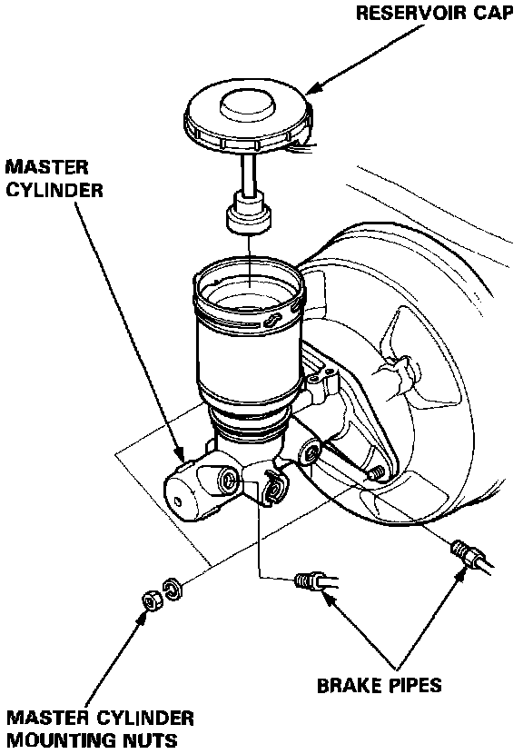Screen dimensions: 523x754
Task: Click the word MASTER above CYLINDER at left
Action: pos(47,167)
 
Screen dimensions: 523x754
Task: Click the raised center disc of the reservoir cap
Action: pos(247,105)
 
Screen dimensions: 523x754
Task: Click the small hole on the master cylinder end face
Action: pos(178,502)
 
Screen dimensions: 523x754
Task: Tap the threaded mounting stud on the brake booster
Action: pos(376,474)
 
